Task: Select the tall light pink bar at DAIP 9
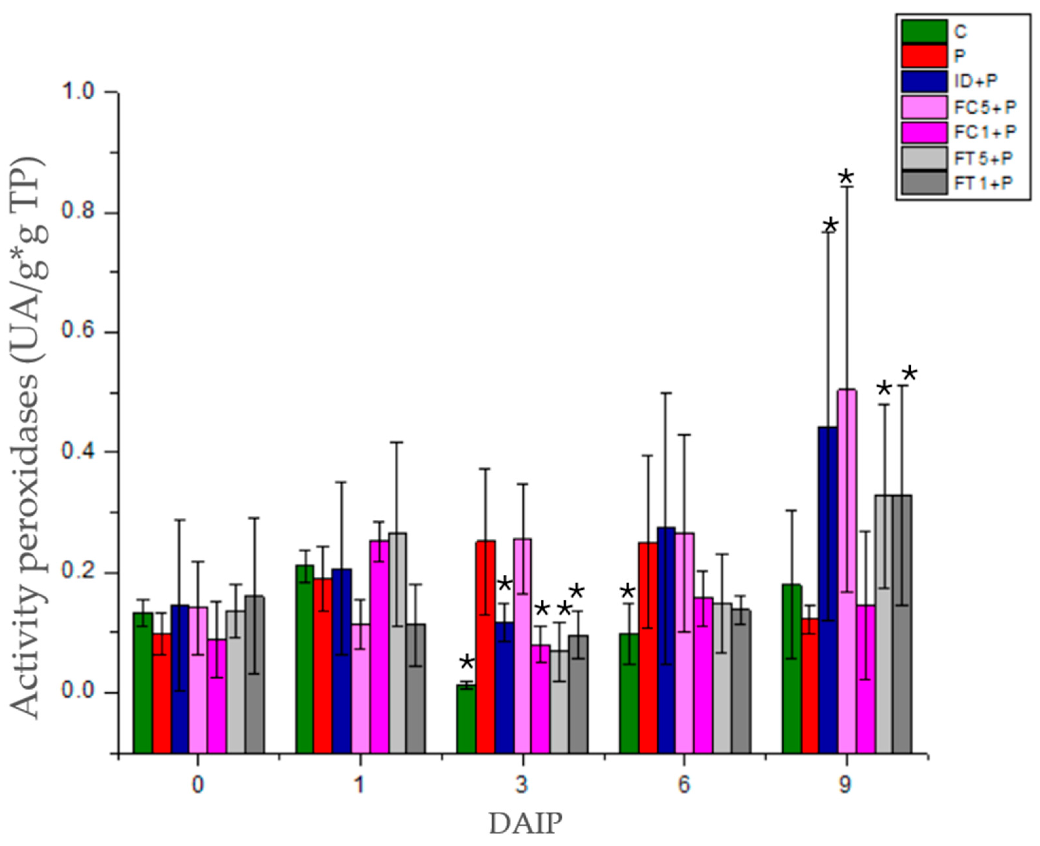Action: pyautogui.click(x=847, y=570)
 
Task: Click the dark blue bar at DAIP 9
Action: pyautogui.click(x=828, y=590)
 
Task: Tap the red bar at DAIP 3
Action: pyautogui.click(x=485, y=648)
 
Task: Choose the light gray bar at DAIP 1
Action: pyautogui.click(x=398, y=643)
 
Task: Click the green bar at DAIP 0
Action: pyautogui.click(x=143, y=682)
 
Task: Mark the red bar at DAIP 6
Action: pyautogui.click(x=648, y=648)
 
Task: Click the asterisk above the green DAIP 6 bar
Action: pyautogui.click(x=627, y=593)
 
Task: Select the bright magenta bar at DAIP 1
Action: pyautogui.click(x=379, y=648)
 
